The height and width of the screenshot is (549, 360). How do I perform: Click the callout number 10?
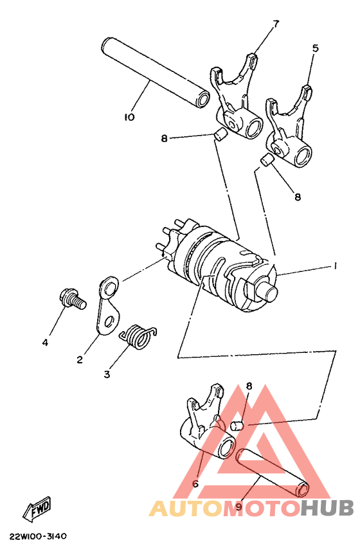(129, 117)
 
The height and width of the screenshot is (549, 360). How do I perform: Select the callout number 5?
(315, 48)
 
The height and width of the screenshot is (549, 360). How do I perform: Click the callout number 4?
(45, 343)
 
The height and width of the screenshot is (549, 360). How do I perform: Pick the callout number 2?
(79, 360)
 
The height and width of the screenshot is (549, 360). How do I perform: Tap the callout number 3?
(107, 373)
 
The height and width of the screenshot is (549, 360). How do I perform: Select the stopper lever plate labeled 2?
(110, 306)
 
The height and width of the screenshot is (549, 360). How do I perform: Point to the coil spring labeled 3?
(137, 336)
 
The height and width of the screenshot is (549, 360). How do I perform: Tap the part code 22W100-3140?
(38, 535)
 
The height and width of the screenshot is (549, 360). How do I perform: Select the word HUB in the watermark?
(327, 509)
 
